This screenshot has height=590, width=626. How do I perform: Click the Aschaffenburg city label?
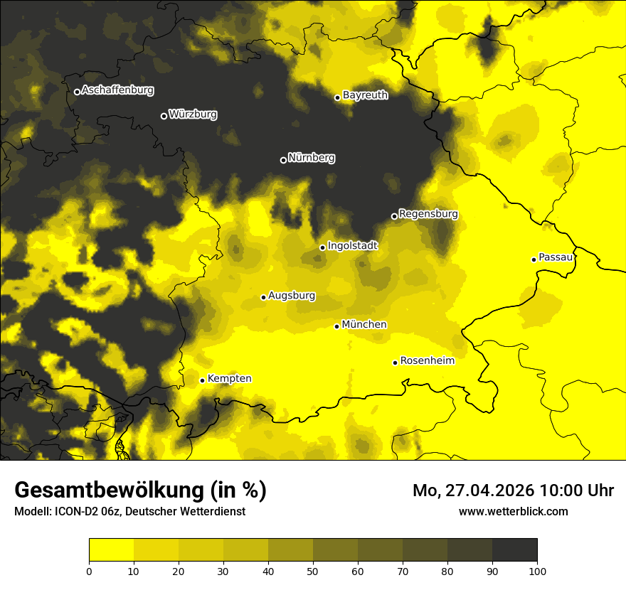pyautogui.click(x=117, y=90)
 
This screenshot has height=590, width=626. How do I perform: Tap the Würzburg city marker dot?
pyautogui.click(x=164, y=116)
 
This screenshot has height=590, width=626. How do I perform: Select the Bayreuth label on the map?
pyautogui.click(x=365, y=95)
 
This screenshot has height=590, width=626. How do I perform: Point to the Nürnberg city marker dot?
pyautogui.click(x=283, y=160)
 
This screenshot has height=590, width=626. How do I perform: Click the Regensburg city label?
pyautogui.click(x=428, y=214)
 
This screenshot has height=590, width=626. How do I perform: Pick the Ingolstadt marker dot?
pyautogui.click(x=322, y=247)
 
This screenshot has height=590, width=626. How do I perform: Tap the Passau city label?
pyautogui.click(x=556, y=257)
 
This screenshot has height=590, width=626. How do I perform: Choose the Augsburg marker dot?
pyautogui.click(x=263, y=297)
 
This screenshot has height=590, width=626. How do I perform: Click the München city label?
pyautogui.click(x=364, y=325)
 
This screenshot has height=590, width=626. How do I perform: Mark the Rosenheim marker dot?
pyautogui.click(x=395, y=363)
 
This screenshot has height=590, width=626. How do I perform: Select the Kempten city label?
pyautogui.click(x=229, y=379)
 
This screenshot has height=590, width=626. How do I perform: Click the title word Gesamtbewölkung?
pyautogui.click(x=110, y=490)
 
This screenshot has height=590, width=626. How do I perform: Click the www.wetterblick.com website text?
pyautogui.click(x=513, y=511)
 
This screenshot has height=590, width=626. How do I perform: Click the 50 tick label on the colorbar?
pyautogui.click(x=313, y=571)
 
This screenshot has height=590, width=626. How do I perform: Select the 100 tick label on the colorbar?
pyautogui.click(x=537, y=571)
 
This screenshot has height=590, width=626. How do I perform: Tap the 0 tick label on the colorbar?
pyautogui.click(x=89, y=571)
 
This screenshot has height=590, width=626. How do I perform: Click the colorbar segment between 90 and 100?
pyautogui.click(x=514, y=550)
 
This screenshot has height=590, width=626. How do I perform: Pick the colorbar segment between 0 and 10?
pyautogui.click(x=111, y=550)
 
